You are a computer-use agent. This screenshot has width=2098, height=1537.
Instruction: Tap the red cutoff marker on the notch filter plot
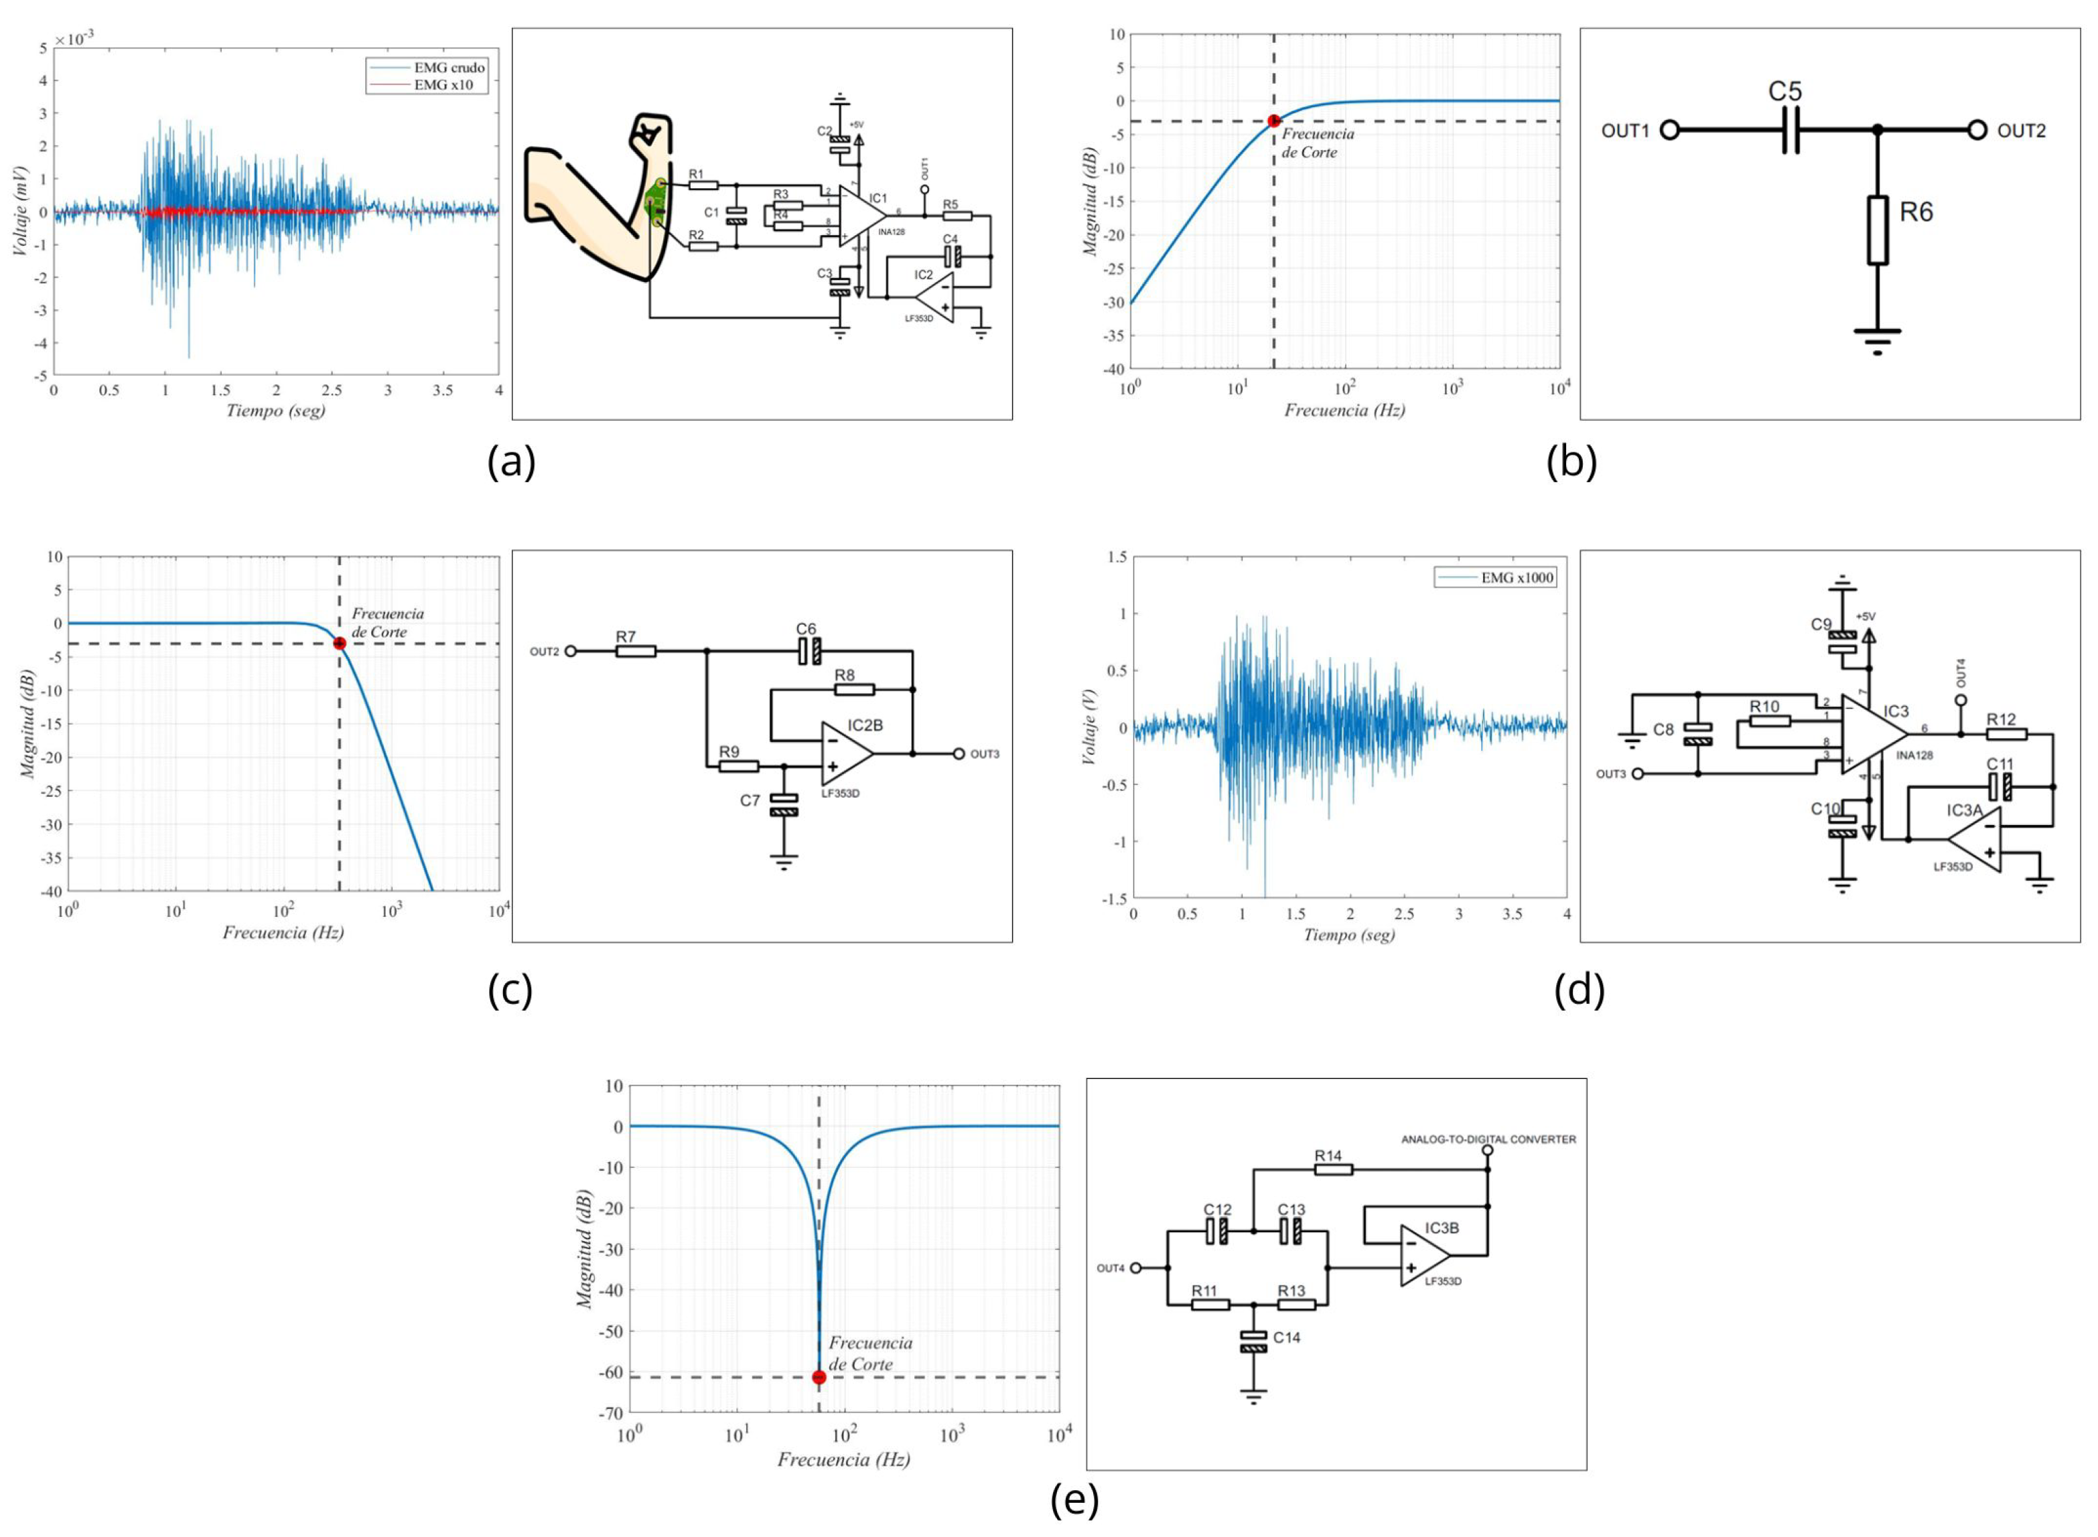coord(819,1377)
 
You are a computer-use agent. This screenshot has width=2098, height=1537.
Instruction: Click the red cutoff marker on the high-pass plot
coord(1273,121)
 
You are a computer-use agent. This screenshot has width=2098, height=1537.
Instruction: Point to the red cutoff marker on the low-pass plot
coord(340,644)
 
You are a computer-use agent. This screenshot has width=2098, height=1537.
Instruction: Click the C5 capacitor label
coord(1785,91)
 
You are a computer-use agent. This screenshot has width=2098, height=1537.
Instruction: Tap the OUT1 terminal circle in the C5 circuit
coord(1670,130)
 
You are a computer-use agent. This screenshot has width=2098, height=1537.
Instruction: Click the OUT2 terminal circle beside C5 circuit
coord(1978,130)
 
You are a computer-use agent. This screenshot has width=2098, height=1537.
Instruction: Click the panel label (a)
coord(512,462)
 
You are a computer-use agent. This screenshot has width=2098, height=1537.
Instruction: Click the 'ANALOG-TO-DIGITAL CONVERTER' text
coord(1488,1139)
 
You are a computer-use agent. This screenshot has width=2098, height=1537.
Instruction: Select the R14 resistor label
coord(1328,1155)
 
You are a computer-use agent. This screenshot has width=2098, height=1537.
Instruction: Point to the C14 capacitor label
coord(1287,1337)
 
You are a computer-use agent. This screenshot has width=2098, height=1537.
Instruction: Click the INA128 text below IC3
coord(1914,755)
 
